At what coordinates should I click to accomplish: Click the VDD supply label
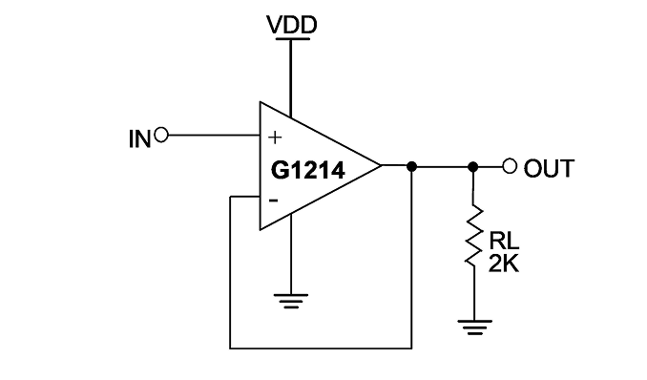coord(292,25)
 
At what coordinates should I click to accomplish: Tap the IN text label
coord(139,138)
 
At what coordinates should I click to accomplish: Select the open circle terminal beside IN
coord(161,135)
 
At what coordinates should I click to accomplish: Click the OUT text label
coord(549,168)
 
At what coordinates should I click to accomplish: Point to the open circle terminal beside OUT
coord(510,166)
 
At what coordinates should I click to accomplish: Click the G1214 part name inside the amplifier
coord(308,170)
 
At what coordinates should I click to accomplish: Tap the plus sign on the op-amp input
coord(275,137)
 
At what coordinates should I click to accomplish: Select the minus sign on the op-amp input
coord(273,201)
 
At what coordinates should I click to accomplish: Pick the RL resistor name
coord(504,241)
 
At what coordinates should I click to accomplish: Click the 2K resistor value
coord(504,264)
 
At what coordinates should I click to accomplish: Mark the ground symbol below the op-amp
coord(291,301)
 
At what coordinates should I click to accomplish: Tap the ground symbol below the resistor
coord(474,327)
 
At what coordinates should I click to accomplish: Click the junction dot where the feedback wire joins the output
coord(411,166)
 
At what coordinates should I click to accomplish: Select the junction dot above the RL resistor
coord(473,166)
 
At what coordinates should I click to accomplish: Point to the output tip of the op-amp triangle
coord(381,165)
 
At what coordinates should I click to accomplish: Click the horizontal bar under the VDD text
coord(293,39)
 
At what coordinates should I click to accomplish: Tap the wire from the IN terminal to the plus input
coord(214,135)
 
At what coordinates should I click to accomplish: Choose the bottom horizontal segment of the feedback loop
coord(321,348)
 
